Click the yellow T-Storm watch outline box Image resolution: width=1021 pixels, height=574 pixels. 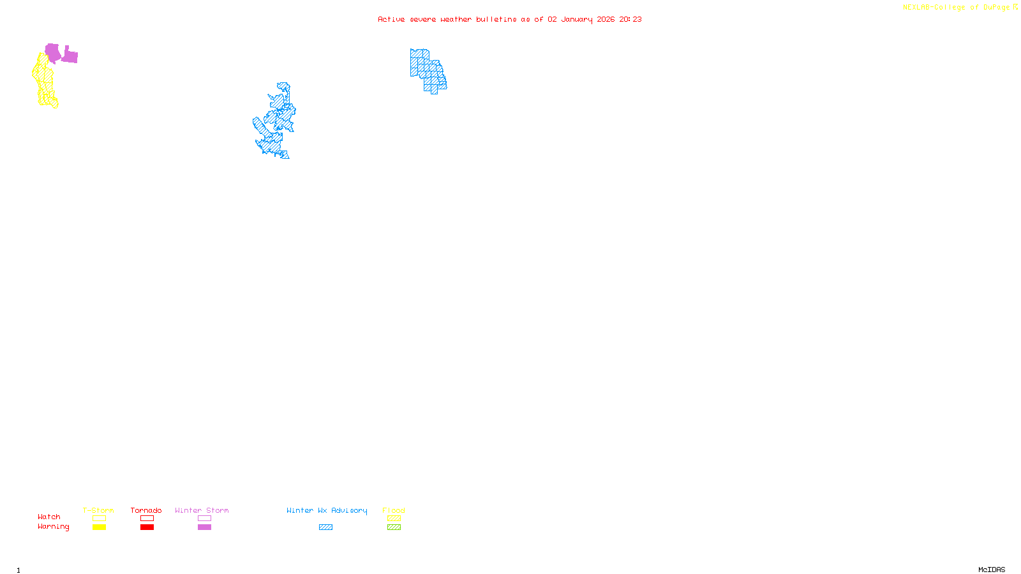tap(99, 519)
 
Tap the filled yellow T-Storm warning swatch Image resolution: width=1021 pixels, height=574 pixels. tap(99, 527)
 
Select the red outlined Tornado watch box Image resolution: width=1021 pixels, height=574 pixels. tap(147, 519)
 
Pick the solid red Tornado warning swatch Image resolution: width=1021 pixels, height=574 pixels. tap(147, 527)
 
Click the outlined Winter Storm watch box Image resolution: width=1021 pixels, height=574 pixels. tap(204, 519)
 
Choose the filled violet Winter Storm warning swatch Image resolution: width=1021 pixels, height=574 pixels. tap(204, 527)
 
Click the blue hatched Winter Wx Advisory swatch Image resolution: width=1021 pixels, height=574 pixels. tap(325, 527)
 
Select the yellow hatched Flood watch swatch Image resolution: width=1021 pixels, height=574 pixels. tap(394, 519)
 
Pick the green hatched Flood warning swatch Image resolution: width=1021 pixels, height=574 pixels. tap(394, 527)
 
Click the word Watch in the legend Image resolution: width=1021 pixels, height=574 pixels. tap(49, 517)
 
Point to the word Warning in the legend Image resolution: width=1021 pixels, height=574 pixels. tap(53, 527)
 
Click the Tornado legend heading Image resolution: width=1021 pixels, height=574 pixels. tap(146, 510)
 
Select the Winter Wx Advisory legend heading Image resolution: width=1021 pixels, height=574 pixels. tap(327, 510)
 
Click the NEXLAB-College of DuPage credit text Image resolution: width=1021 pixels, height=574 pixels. tap(957, 8)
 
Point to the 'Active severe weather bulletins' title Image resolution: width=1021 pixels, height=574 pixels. tap(509, 19)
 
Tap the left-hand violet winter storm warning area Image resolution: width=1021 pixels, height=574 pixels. tap(52, 52)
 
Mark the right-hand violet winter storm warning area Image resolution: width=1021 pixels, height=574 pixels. tap(70, 57)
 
